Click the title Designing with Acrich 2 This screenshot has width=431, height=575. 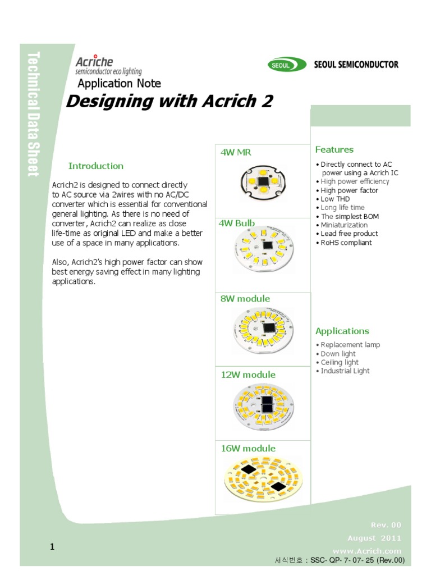click(x=169, y=102)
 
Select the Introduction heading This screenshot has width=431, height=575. click(x=95, y=166)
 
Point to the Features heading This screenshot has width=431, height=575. click(x=334, y=149)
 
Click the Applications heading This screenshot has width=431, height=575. click(x=342, y=331)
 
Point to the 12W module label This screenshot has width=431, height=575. click(x=248, y=375)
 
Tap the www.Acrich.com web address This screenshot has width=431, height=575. click(x=367, y=551)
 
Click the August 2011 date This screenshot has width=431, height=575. click(x=374, y=538)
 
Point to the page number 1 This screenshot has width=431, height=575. click(x=52, y=547)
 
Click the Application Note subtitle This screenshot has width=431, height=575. click(x=119, y=84)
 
